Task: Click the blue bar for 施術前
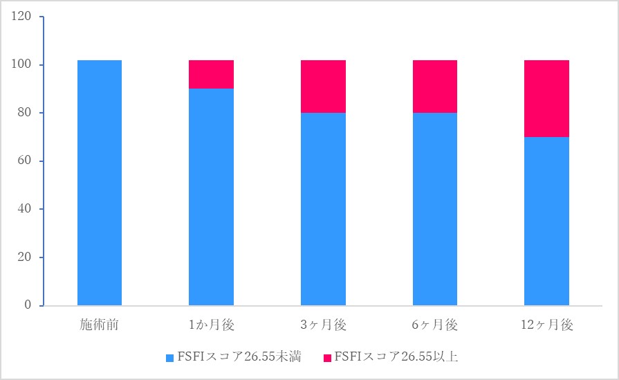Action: [100, 183]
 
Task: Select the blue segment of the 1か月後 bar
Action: [211, 197]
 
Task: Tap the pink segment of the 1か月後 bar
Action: [211, 75]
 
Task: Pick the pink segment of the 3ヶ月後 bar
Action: [323, 87]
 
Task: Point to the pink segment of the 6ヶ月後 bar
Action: [435, 87]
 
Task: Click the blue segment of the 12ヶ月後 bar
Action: [546, 221]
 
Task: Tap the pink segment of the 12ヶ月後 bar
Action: [546, 99]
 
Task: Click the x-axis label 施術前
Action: [100, 325]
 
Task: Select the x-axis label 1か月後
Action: [211, 325]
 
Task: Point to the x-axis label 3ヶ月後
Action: [323, 325]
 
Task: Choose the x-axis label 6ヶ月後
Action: [435, 325]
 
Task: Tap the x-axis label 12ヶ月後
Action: [546, 325]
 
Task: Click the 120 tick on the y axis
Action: [23, 17]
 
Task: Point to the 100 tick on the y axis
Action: [23, 65]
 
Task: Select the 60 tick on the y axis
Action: [26, 161]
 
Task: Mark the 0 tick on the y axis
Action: [28, 305]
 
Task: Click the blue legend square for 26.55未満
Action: [170, 358]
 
